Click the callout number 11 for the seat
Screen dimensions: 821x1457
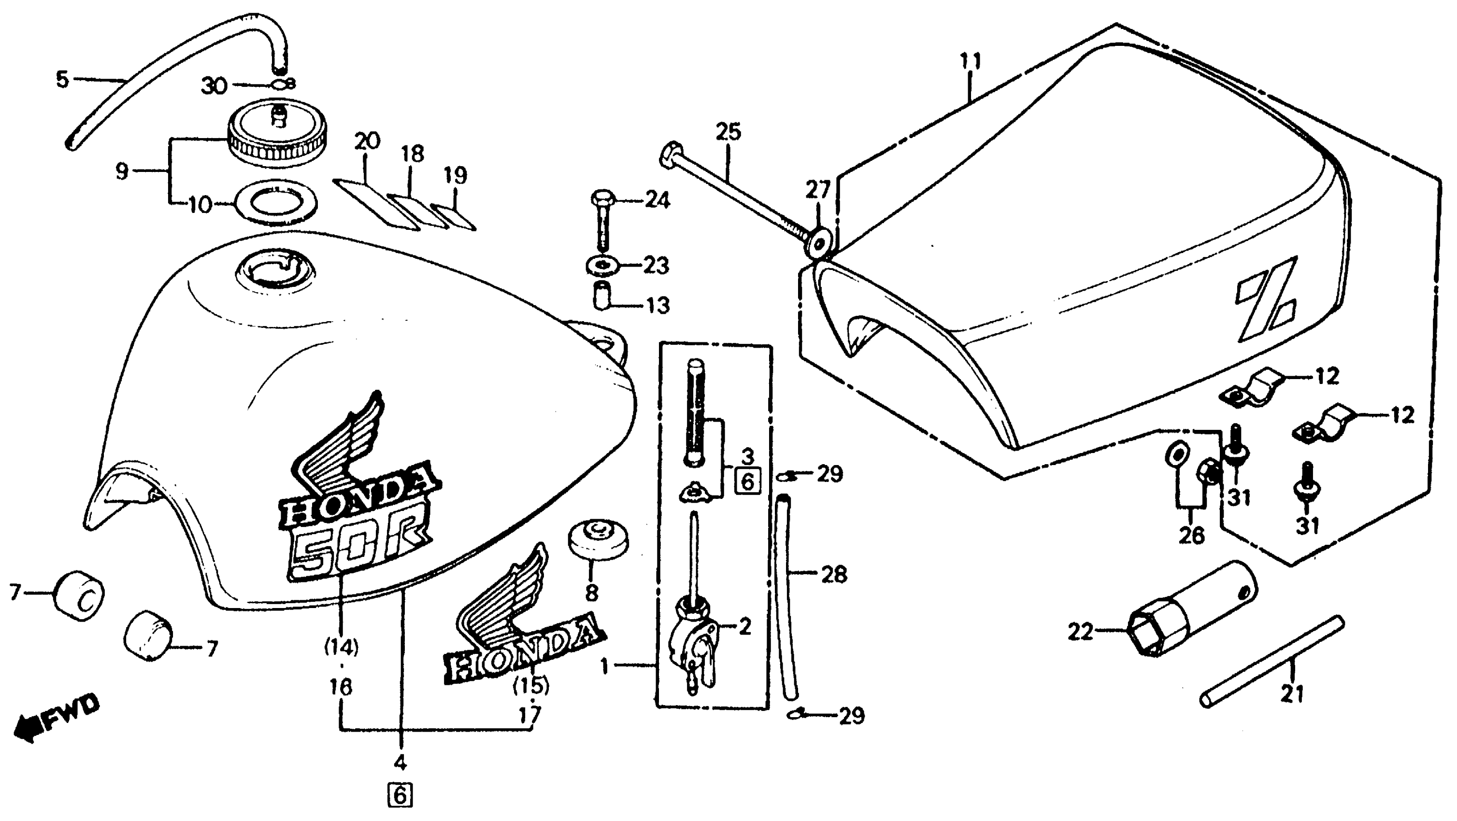(x=971, y=60)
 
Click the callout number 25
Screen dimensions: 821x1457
(x=728, y=132)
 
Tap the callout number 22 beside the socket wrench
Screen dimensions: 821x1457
(x=1080, y=632)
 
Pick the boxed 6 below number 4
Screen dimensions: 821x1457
(x=400, y=796)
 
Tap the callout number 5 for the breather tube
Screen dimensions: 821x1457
(x=62, y=79)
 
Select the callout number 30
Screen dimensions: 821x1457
(x=214, y=86)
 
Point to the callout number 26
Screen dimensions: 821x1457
(x=1191, y=535)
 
